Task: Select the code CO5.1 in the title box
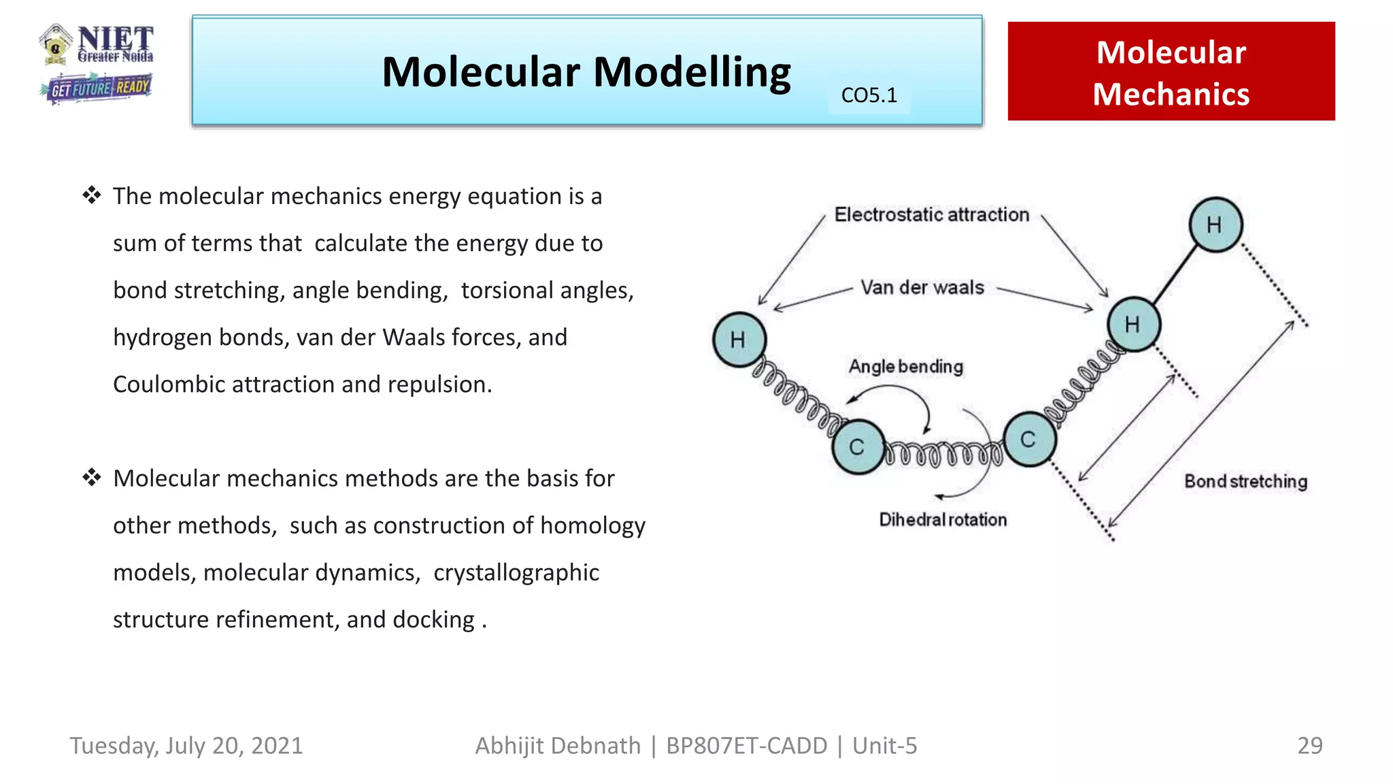tap(869, 95)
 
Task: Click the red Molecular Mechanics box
tap(1171, 71)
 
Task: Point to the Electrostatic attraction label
tap(931, 215)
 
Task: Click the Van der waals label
tap(922, 288)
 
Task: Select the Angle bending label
tap(905, 367)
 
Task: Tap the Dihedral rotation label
tap(942, 520)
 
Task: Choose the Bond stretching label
tap(1245, 482)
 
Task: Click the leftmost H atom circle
tap(739, 340)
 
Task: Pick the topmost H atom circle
tap(1215, 225)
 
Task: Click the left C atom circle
tap(858, 446)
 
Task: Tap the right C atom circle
tap(1029, 440)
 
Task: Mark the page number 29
tap(1309, 746)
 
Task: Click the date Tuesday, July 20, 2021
tap(186, 746)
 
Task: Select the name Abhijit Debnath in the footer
tap(558, 746)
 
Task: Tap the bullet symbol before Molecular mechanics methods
tap(92, 478)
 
